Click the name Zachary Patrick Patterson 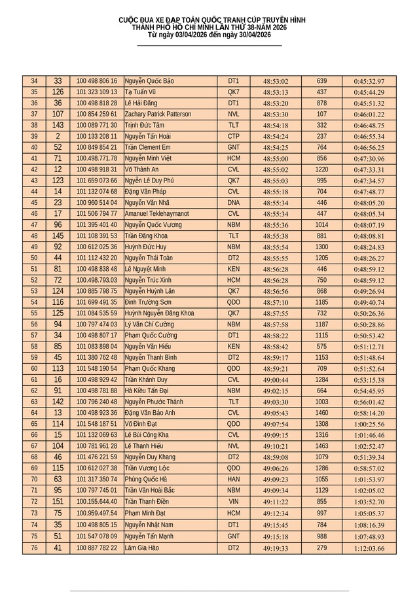[158, 114]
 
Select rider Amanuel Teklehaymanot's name [158, 213]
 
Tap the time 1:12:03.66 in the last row [369, 548]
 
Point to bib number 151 [58, 502]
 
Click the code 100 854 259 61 [97, 114]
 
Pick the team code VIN [234, 502]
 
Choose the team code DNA [234, 203]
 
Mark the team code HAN [234, 479]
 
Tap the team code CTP [234, 137]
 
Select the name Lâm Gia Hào [142, 548]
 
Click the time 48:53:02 [276, 81]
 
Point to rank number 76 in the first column [34, 548]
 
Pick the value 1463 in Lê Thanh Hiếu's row [321, 446]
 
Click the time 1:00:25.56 [369, 424]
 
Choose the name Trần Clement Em [148, 148]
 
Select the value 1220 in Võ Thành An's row [321, 169]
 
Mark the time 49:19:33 [276, 548]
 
